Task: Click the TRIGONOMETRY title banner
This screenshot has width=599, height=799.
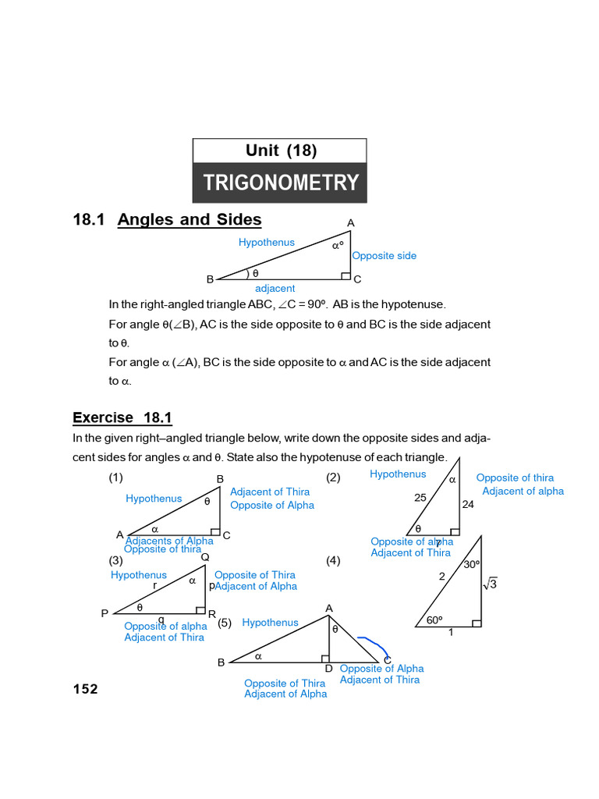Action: coord(280,183)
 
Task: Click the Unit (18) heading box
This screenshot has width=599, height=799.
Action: coord(280,151)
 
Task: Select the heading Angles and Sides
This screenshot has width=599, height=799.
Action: coord(190,220)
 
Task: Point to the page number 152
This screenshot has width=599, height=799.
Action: coord(86,689)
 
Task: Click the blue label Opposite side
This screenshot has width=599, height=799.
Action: coord(384,256)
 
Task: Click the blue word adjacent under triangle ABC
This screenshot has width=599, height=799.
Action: coord(275,289)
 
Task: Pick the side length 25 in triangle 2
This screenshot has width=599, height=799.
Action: coord(420,497)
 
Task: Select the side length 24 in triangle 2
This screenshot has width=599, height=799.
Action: coord(468,504)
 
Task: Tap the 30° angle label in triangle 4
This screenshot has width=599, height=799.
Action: coord(472,564)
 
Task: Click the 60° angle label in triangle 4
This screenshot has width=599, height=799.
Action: coord(434,620)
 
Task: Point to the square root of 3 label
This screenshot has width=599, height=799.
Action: coord(490,583)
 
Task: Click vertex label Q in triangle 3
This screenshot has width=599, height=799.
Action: coord(205,557)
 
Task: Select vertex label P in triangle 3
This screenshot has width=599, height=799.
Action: coord(105,613)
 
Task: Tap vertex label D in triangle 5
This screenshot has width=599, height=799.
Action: coord(328,669)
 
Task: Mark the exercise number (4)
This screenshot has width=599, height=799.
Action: coord(333,560)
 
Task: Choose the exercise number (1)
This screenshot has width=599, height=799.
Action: coord(115,478)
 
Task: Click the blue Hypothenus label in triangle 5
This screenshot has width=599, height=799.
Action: coord(270,623)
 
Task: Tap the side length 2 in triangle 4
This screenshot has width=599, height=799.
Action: coord(441,577)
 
